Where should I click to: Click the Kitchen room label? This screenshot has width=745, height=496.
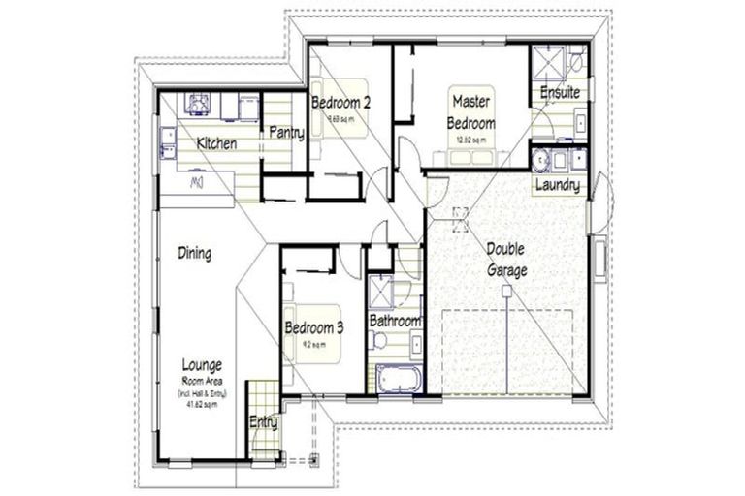[216, 143]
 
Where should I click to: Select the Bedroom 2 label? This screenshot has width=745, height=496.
[340, 102]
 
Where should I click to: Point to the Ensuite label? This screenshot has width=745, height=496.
[560, 93]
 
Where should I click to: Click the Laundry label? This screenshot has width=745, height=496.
[558, 185]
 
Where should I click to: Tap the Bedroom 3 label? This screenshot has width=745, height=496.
[314, 327]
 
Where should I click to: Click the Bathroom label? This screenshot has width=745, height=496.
[395, 321]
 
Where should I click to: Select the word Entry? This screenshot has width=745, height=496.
[263, 422]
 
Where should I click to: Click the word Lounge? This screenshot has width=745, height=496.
[202, 365]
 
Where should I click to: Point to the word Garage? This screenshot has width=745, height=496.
[507, 271]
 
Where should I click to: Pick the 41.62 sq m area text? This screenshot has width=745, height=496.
[202, 404]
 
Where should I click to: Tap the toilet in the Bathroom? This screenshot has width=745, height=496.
[379, 340]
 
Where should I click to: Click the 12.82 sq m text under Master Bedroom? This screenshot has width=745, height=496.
[472, 140]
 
